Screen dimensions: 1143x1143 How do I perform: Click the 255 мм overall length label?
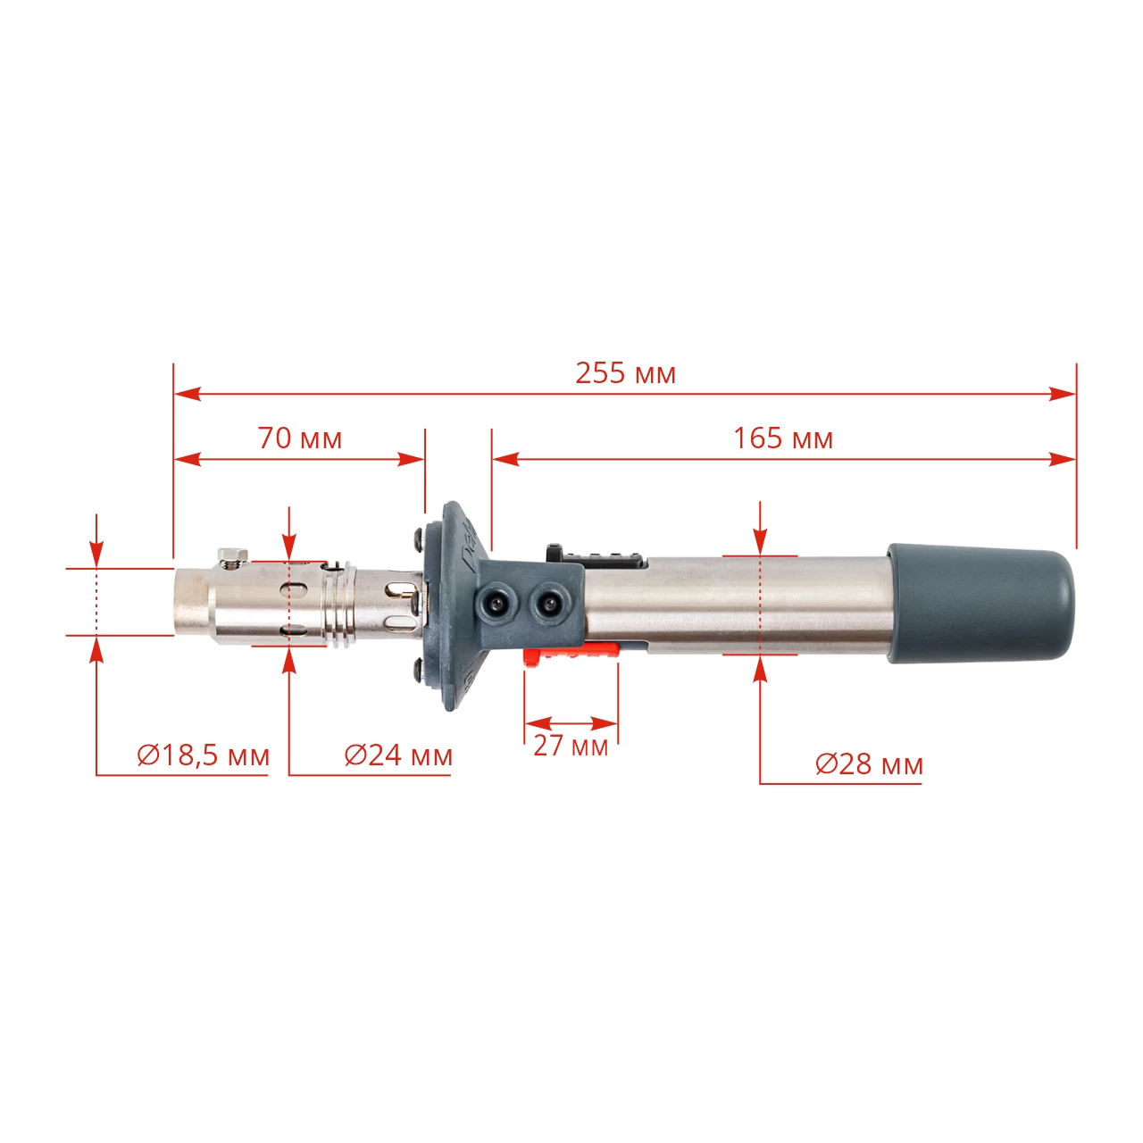point(625,373)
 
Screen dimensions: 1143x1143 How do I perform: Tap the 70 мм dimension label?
point(300,439)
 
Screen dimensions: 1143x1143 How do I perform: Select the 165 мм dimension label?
point(783,439)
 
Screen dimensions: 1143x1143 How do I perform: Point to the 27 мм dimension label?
point(571,746)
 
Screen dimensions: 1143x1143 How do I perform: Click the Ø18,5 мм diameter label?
point(203,755)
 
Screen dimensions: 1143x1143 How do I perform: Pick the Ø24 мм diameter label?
point(398,755)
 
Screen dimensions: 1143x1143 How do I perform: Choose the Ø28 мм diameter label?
point(869,764)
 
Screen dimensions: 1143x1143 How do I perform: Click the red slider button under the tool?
point(571,655)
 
